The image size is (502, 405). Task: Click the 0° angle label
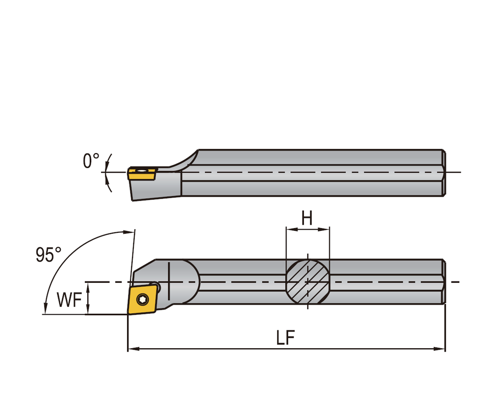[91, 161]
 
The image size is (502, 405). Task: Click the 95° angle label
[49, 255]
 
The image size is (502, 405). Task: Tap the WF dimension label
[69, 300]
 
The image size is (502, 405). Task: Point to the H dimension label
[307, 218]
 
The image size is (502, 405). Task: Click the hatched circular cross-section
[307, 282]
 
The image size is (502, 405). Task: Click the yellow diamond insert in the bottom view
[143, 299]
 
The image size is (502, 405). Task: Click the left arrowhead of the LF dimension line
[131, 349]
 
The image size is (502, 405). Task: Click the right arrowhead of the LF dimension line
[441, 349]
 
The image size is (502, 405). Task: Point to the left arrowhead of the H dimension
[289, 228]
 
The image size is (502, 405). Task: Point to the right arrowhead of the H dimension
[326, 228]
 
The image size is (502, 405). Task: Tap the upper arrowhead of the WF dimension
[88, 285]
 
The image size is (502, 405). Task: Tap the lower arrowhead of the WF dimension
[88, 311]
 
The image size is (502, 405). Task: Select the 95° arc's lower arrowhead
[45, 309]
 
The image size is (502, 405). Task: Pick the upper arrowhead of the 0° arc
[110, 157]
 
